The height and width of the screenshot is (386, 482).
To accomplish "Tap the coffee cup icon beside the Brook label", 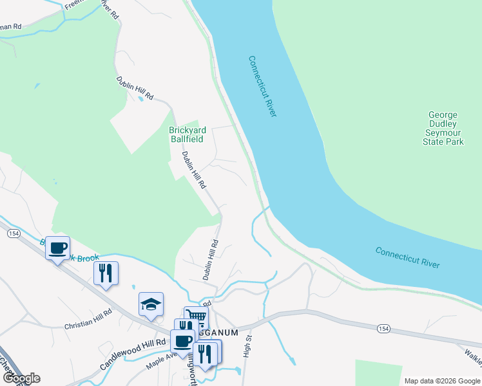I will pyautogui.click(x=58, y=248).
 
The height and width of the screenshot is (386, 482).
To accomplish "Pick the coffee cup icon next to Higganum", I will pyautogui.click(x=182, y=341).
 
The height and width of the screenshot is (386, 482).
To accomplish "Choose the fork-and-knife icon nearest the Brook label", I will pyautogui.click(x=106, y=273).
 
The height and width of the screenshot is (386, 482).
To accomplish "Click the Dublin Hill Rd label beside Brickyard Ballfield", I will pyautogui.click(x=193, y=169).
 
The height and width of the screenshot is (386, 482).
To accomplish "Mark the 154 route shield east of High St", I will pyautogui.click(x=383, y=328).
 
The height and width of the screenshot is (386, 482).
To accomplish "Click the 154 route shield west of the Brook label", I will pyautogui.click(x=13, y=234).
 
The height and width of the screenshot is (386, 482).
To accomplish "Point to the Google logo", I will pyautogui.click(x=21, y=378).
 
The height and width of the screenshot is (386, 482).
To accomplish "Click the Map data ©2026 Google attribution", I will pyautogui.click(x=441, y=381).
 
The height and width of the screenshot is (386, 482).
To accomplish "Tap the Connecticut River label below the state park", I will pyautogui.click(x=407, y=257).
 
